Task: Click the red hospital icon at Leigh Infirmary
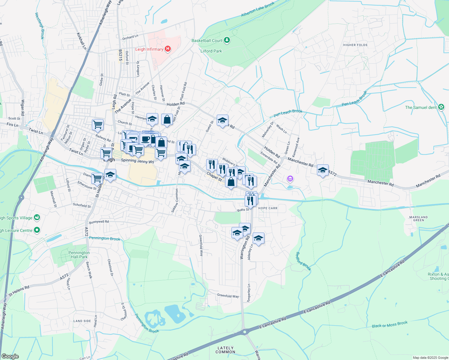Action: [168, 49]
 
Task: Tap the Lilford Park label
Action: [211, 51]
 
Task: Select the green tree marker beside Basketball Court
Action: [227, 40]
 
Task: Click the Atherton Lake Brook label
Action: [258, 9]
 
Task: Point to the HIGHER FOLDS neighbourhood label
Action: [355, 45]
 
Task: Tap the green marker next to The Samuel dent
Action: [441, 107]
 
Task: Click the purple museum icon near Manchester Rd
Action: [290, 179]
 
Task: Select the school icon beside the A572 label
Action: [323, 170]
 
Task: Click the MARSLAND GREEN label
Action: [418, 218]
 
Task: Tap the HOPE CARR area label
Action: [268, 208]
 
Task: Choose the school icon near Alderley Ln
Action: [258, 238]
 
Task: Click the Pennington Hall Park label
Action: [79, 255]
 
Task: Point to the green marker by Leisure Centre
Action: [37, 230]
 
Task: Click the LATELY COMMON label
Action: [225, 350]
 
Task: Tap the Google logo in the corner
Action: [10, 356]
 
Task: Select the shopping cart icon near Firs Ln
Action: [98, 124]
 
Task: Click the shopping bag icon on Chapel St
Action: [231, 182]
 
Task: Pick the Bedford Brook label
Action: [303, 261]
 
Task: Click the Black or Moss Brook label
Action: [390, 324]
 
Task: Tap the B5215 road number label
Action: [120, 55]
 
